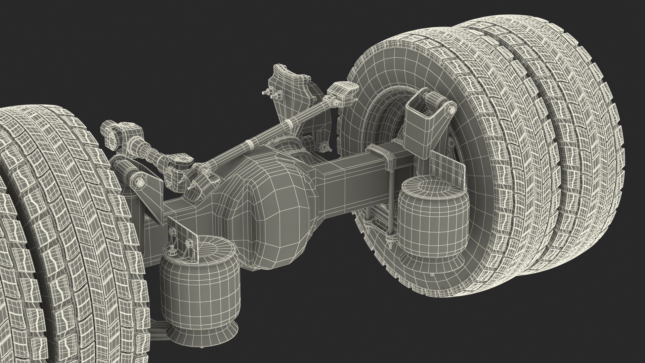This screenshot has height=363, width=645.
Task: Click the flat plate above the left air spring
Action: tap(183, 232)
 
